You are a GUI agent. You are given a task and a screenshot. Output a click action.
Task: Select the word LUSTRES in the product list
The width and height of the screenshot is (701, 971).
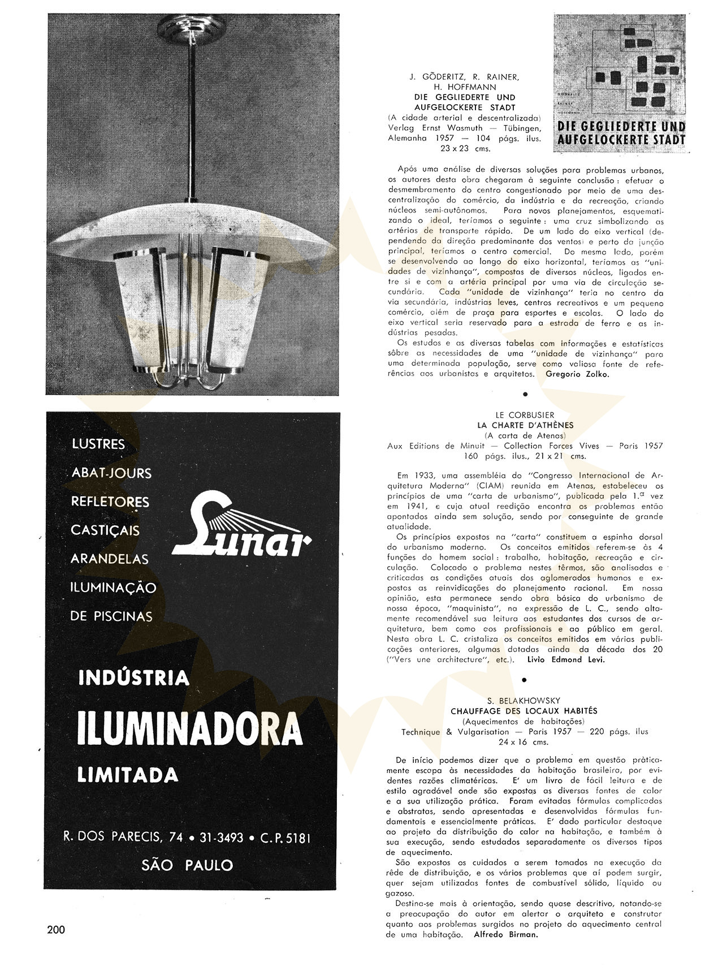point(98,444)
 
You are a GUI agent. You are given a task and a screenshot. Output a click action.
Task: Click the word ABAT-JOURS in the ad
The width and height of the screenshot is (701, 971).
point(111,473)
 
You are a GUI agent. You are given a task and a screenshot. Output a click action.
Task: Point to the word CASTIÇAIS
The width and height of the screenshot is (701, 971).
point(105,530)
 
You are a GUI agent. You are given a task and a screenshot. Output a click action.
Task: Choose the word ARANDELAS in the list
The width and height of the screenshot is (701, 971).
point(109,559)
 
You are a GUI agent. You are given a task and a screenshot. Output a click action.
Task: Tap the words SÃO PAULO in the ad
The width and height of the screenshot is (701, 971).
point(188,865)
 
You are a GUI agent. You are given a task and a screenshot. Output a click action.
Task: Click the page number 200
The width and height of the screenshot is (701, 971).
point(57,930)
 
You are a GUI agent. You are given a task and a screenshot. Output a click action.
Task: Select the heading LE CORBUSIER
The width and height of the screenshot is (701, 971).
point(525,415)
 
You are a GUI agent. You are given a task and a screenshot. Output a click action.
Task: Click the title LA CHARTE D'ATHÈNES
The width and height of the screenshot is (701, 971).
point(525,425)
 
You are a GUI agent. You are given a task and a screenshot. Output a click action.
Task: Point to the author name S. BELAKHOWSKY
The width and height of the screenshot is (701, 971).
point(525,701)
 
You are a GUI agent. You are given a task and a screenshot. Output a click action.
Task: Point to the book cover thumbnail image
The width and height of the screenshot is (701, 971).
point(620,83)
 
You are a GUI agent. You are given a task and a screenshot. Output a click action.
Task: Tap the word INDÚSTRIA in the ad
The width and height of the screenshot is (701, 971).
point(133,677)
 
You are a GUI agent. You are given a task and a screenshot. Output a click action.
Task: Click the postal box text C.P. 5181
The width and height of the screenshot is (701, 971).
point(285,838)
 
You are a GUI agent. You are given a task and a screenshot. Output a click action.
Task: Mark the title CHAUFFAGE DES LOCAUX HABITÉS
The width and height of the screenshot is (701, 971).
point(523,711)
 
